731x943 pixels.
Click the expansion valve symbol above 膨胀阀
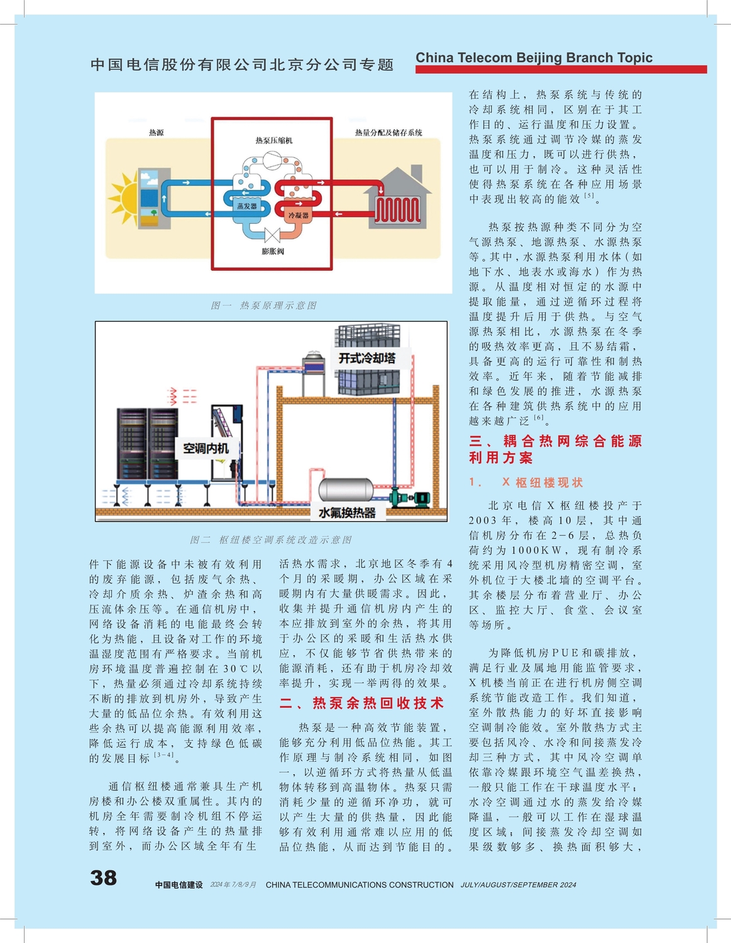click(273, 236)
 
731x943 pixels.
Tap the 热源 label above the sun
click(157, 133)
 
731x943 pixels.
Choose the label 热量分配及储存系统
click(388, 133)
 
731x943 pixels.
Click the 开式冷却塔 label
click(367, 358)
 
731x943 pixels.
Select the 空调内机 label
click(206, 448)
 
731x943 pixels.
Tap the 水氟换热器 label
click(347, 513)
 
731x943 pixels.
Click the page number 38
click(104, 878)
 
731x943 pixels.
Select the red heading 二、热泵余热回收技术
click(361, 703)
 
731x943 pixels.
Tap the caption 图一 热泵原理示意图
click(263, 306)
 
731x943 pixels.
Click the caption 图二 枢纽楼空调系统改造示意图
click(271, 540)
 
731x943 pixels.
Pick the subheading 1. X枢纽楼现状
click(526, 482)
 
